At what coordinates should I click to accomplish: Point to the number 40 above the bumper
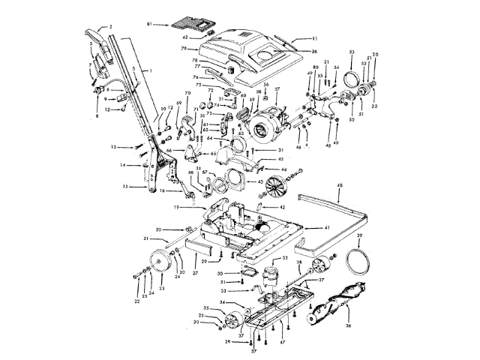[339, 185]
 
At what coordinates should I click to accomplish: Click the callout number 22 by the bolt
[138, 301]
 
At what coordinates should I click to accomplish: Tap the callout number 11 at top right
[315, 38]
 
